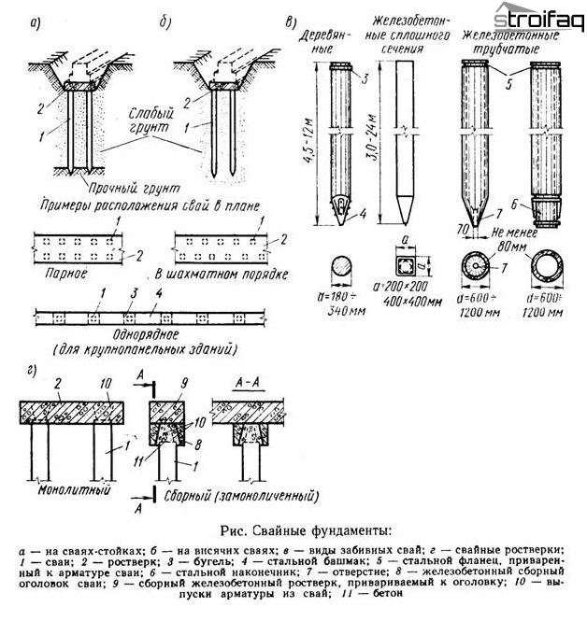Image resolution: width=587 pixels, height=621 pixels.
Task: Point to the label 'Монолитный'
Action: pyautogui.click(x=70, y=487)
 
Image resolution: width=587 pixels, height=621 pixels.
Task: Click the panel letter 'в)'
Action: pyautogui.click(x=292, y=20)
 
